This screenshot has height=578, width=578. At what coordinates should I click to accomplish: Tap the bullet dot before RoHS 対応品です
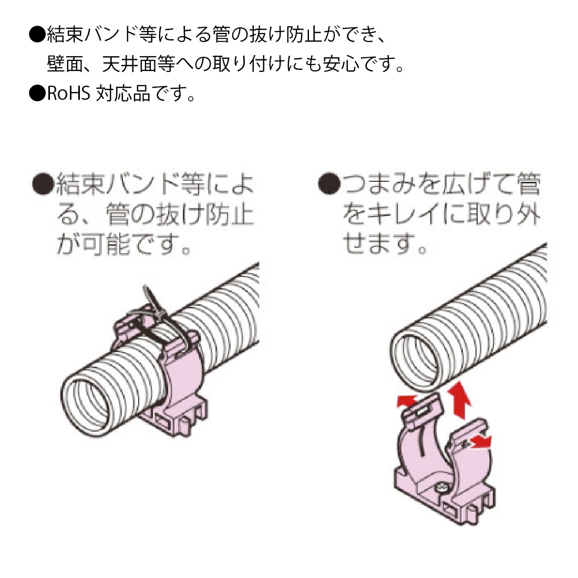click(37, 95)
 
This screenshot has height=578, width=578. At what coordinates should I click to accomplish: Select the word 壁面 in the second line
click(65, 65)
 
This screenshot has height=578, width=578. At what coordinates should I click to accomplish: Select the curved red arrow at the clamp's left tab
click(405, 402)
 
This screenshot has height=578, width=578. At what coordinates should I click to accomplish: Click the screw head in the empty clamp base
click(442, 489)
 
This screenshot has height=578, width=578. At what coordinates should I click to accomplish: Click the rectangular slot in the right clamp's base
click(456, 510)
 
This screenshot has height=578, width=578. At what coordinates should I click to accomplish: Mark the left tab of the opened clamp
click(420, 410)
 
